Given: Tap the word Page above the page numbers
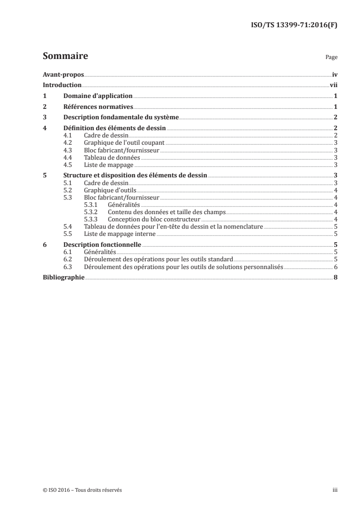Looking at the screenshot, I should [331, 58].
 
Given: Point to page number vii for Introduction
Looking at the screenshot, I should [333, 85].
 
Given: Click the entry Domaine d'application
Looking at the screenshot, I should [98, 96].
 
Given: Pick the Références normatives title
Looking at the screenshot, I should [98, 107].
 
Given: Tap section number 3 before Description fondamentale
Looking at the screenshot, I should [44, 118].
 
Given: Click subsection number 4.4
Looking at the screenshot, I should [67, 157].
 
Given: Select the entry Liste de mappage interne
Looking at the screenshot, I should [120, 234].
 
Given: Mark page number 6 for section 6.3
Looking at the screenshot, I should [335, 266].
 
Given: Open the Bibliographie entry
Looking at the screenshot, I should [63, 277].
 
